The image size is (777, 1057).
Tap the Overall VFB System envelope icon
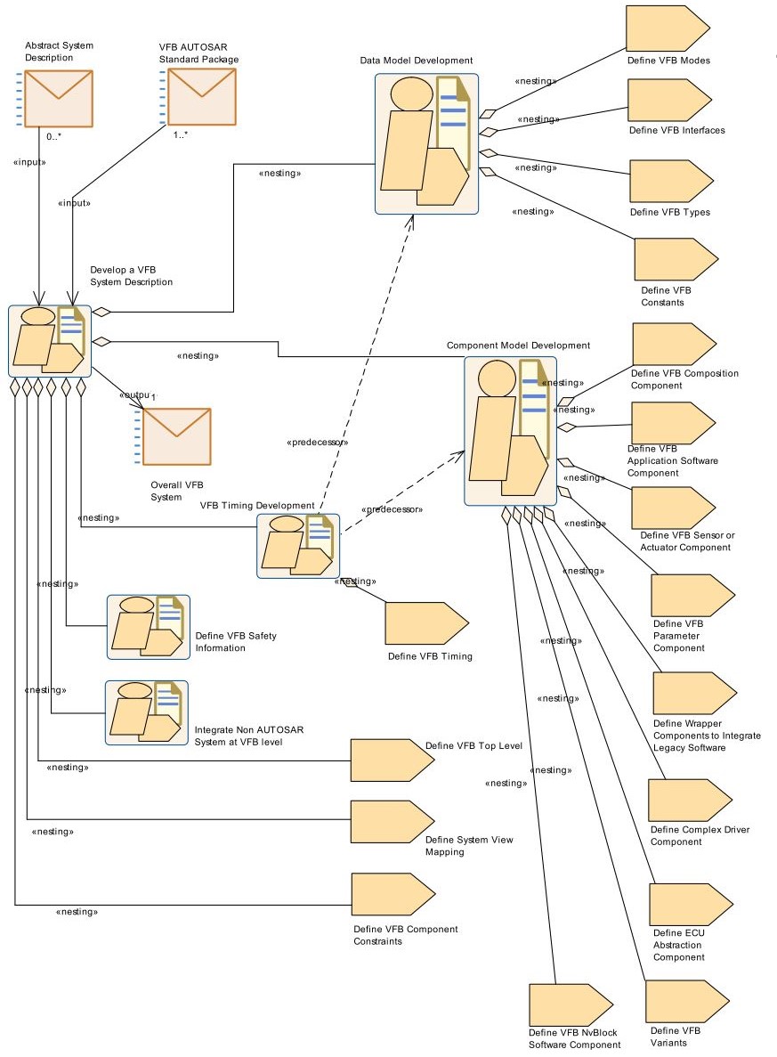point(176,436)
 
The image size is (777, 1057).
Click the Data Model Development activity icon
point(426,143)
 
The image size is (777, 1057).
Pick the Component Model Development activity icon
point(510,431)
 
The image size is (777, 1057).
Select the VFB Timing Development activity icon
point(298,546)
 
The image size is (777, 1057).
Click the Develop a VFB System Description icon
point(50,341)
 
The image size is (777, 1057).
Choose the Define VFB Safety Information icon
point(148,626)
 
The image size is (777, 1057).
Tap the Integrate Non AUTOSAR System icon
point(147,711)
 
